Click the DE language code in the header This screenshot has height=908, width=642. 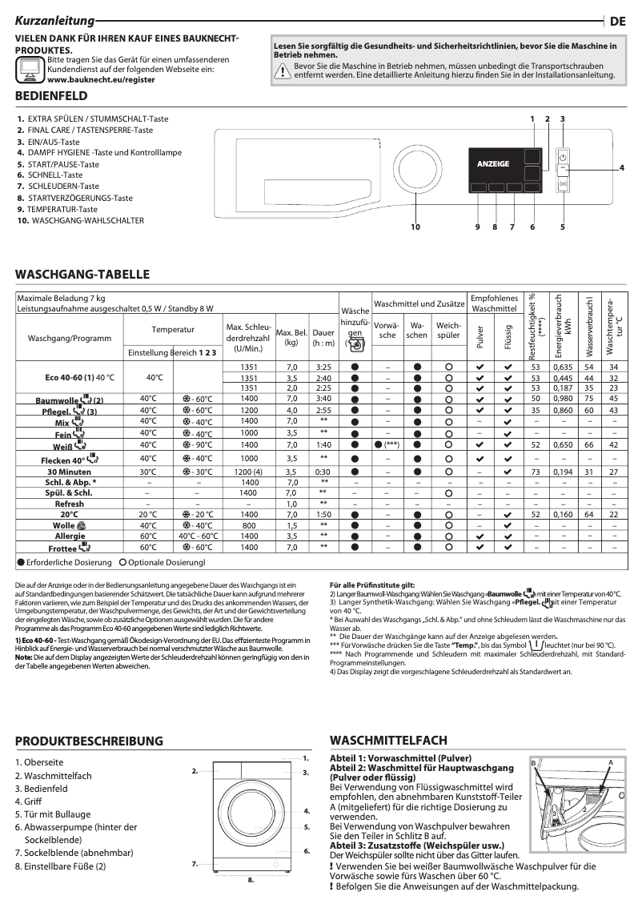click(618, 22)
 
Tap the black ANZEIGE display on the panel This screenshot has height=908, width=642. click(493, 163)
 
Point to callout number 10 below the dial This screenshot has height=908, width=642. click(415, 227)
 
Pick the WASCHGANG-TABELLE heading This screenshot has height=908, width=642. click(82, 274)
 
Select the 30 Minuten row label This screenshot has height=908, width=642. click(69, 472)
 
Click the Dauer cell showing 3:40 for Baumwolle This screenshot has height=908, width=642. click(323, 398)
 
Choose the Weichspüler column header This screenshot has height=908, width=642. click(448, 331)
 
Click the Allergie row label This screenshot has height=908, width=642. click(69, 536)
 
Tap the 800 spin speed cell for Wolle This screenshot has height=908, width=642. click(250, 525)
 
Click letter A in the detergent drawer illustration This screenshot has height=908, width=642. click(610, 762)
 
